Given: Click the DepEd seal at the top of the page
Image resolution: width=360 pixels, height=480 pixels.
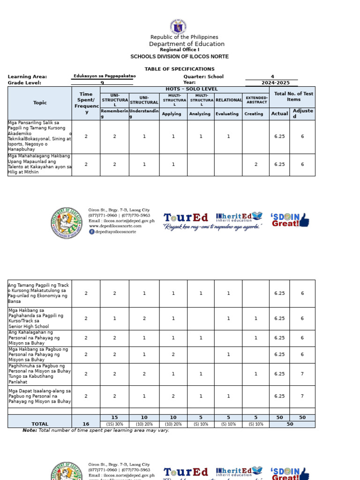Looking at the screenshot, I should coord(180,27).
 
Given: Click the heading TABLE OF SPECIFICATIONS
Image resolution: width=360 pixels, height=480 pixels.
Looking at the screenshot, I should coord(180,69).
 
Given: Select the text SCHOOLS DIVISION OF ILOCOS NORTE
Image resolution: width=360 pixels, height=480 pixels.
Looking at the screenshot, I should coord(180,56).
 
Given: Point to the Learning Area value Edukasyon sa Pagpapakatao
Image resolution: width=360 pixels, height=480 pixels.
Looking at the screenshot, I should coord(105,76).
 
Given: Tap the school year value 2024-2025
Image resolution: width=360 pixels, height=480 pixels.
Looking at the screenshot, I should coord(272,82).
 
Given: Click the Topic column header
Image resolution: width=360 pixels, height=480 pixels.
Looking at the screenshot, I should coord(40,103).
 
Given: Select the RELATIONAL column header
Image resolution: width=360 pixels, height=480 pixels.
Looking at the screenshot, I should coord(228,100).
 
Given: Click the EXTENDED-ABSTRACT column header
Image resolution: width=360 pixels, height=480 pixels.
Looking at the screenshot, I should coord(256,100).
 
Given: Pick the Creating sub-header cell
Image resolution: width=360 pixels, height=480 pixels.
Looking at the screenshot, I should coord(254,114).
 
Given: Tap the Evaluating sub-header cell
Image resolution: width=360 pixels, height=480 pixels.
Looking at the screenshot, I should coord(227,114).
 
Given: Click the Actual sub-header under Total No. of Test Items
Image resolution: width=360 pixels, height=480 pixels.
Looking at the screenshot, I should coord(279,113).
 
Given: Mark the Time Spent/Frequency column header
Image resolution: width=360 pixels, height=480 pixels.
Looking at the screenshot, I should coord(86,103).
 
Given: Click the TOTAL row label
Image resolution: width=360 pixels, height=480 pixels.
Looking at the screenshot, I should coord(40,424).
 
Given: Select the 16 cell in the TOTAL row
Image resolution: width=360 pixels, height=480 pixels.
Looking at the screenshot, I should coord(86,424).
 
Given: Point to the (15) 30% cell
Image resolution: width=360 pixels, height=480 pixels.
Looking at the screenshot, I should coord(114,424).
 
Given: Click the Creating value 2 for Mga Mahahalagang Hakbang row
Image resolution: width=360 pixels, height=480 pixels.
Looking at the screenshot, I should coord(256,165).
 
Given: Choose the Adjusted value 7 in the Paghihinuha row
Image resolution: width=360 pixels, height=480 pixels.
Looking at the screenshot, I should coord(302,374).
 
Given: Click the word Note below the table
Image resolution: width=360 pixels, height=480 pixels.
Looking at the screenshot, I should coord(30,430).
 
